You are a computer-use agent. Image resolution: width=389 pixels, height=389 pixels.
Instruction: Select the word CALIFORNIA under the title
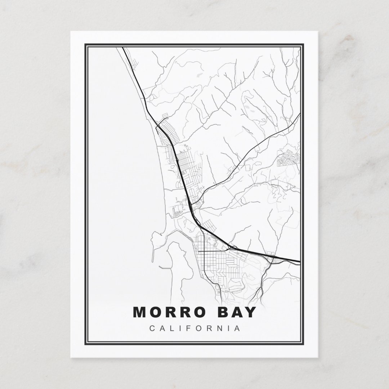[194, 328]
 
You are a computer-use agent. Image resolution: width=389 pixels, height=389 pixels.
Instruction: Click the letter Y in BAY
[251, 312]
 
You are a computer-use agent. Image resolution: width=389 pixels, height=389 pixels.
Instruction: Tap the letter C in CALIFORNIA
[151, 328]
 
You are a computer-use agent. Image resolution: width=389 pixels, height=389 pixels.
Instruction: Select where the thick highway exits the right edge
[299, 261]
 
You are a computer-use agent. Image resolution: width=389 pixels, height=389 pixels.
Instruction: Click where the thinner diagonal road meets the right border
[300, 115]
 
